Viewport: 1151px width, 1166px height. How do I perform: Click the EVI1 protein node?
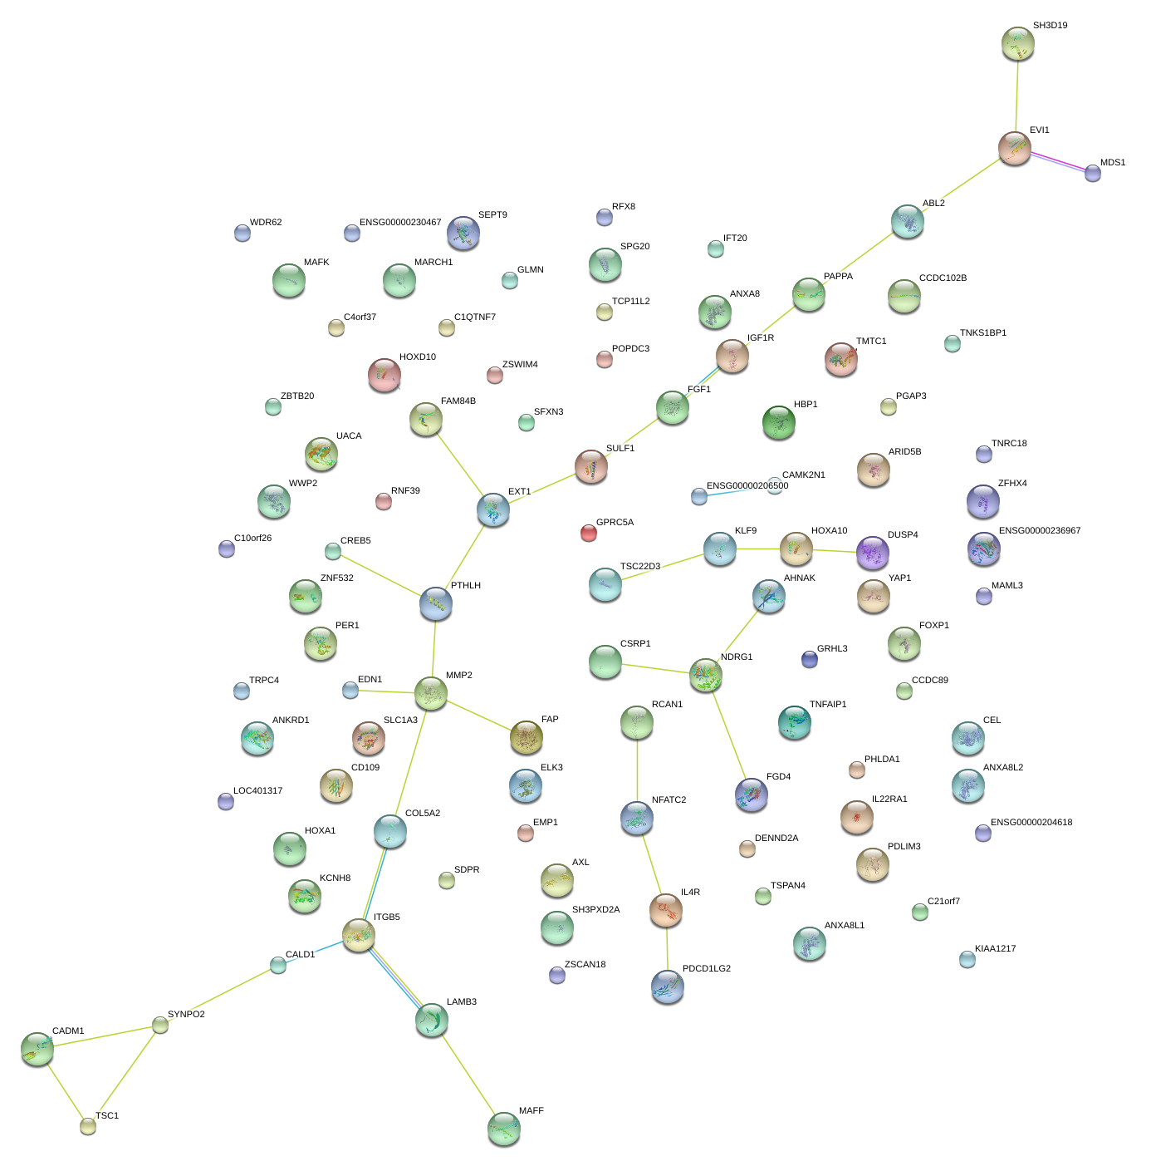tap(1014, 148)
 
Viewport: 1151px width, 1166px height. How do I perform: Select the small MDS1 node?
tap(1093, 173)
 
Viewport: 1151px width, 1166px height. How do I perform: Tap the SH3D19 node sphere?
tap(1017, 43)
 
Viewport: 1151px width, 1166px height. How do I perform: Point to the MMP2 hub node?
tap(430, 693)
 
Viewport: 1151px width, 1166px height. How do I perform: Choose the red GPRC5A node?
tap(588, 533)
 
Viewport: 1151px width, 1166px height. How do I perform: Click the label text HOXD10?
tap(417, 357)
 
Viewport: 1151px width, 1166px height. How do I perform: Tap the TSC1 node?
tap(88, 1126)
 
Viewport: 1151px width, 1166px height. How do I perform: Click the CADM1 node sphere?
tap(37, 1049)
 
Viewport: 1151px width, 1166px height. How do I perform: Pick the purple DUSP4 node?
tap(872, 553)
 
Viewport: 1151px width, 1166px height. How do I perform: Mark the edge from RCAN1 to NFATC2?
tap(637, 770)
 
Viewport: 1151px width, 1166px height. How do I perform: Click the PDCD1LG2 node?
tap(668, 986)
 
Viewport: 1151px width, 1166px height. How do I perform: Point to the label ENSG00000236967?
tap(1039, 531)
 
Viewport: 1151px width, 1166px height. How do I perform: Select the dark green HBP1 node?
tap(778, 422)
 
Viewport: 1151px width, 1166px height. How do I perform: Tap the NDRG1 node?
tap(705, 676)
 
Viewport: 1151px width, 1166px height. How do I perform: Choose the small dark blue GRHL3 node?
tap(810, 659)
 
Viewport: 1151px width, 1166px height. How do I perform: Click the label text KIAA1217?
tap(995, 949)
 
